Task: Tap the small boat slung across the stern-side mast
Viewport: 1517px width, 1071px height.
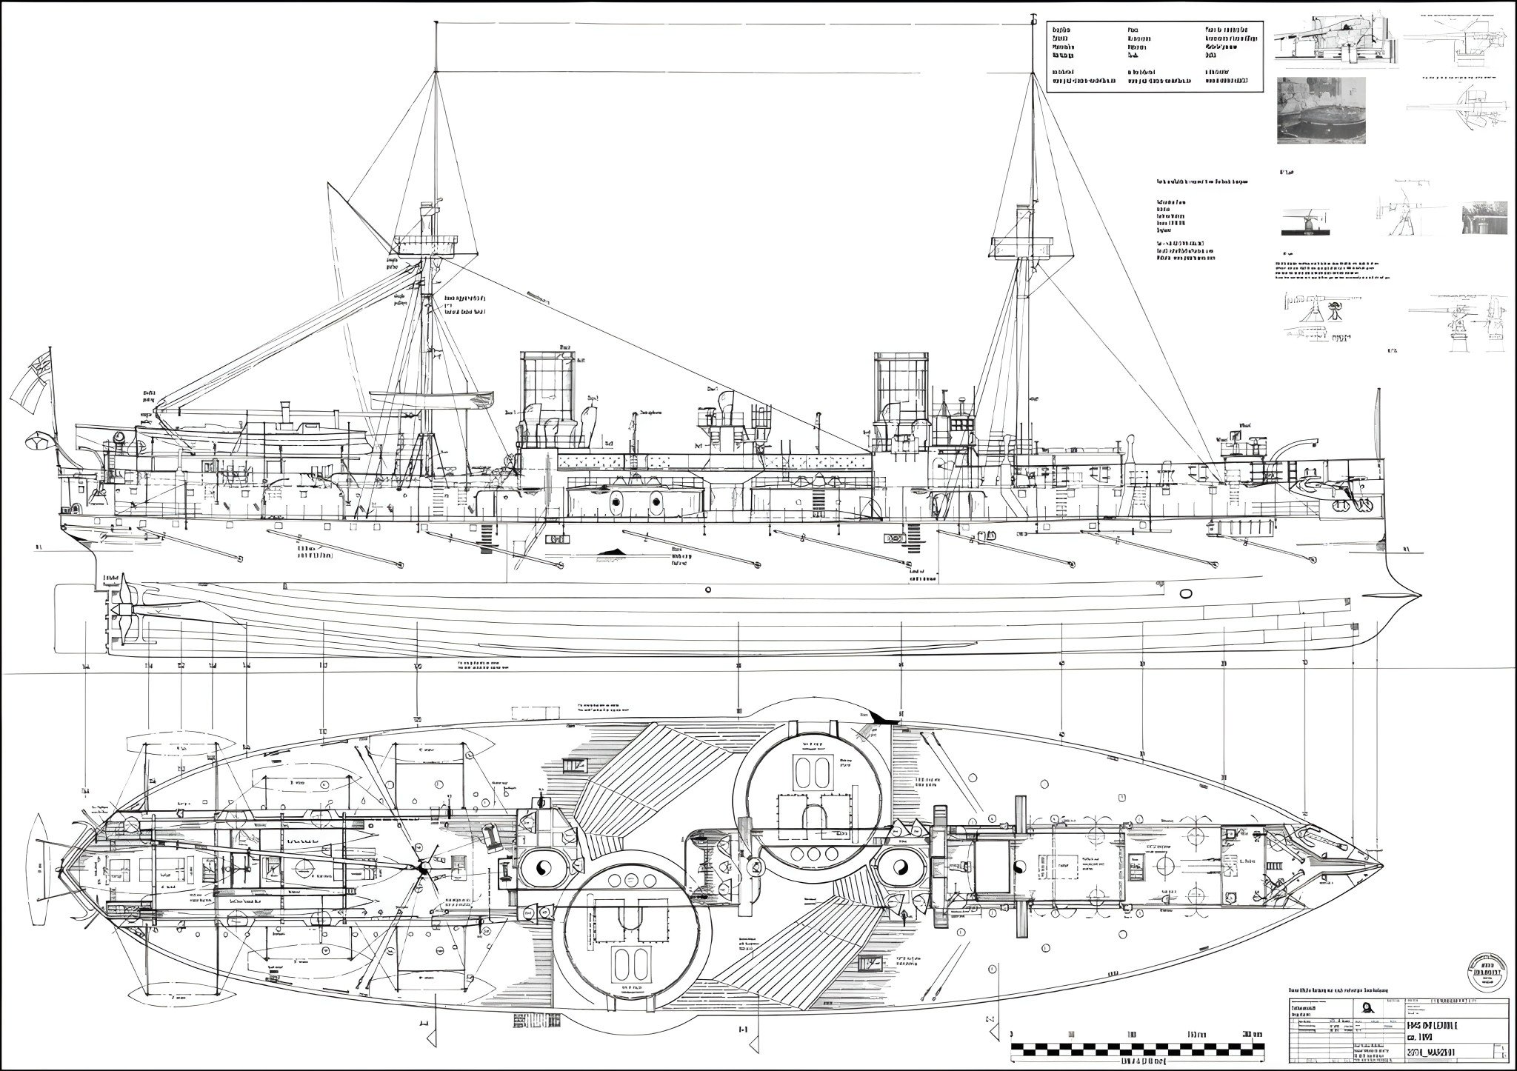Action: click(x=433, y=401)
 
